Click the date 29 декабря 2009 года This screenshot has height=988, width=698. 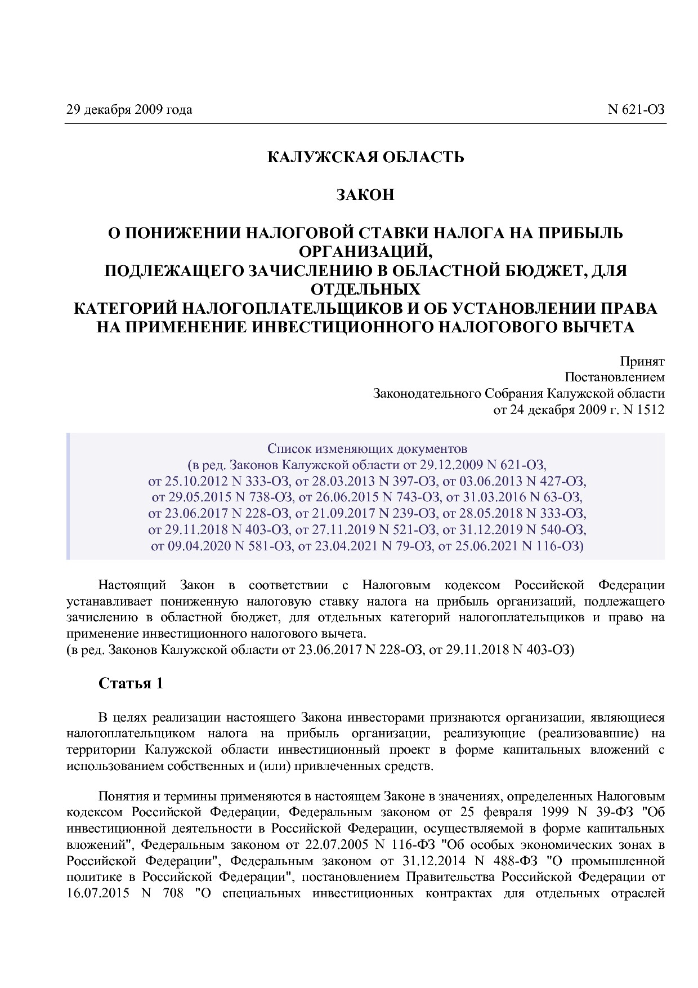pyautogui.click(x=129, y=109)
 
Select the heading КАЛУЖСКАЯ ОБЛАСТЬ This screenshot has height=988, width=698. pyautogui.click(x=365, y=157)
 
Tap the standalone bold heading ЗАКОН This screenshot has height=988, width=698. pyautogui.click(x=365, y=195)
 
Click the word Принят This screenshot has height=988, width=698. pyautogui.click(x=642, y=361)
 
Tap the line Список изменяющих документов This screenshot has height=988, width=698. pyautogui.click(x=367, y=448)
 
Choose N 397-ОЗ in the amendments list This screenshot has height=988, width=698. pyautogui.click(x=410, y=481)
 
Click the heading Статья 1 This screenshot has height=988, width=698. pyautogui.click(x=131, y=683)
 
